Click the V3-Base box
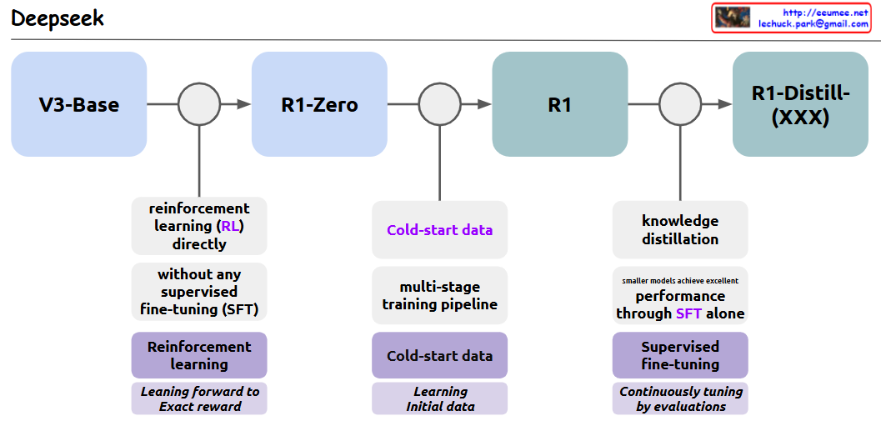coord(79,104)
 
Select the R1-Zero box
coord(319,104)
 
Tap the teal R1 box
coord(559,104)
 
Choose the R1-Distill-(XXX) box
coord(800,104)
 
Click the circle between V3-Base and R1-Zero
coord(199,104)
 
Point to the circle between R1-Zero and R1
coord(439,104)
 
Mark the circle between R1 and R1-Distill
coord(680,104)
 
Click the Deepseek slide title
coord(58,18)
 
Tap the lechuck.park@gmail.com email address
coord(813,25)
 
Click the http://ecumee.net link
coord(824,13)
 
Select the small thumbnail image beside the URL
coord(733,18)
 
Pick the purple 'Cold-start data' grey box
coord(439,230)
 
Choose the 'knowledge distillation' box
coord(680,230)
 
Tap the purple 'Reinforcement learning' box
coord(199,355)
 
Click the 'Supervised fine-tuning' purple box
coord(680,355)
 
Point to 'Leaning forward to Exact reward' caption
coord(199,398)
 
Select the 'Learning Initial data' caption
coord(439,398)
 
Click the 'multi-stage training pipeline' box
coord(439,295)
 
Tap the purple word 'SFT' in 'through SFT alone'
coord(689,314)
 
